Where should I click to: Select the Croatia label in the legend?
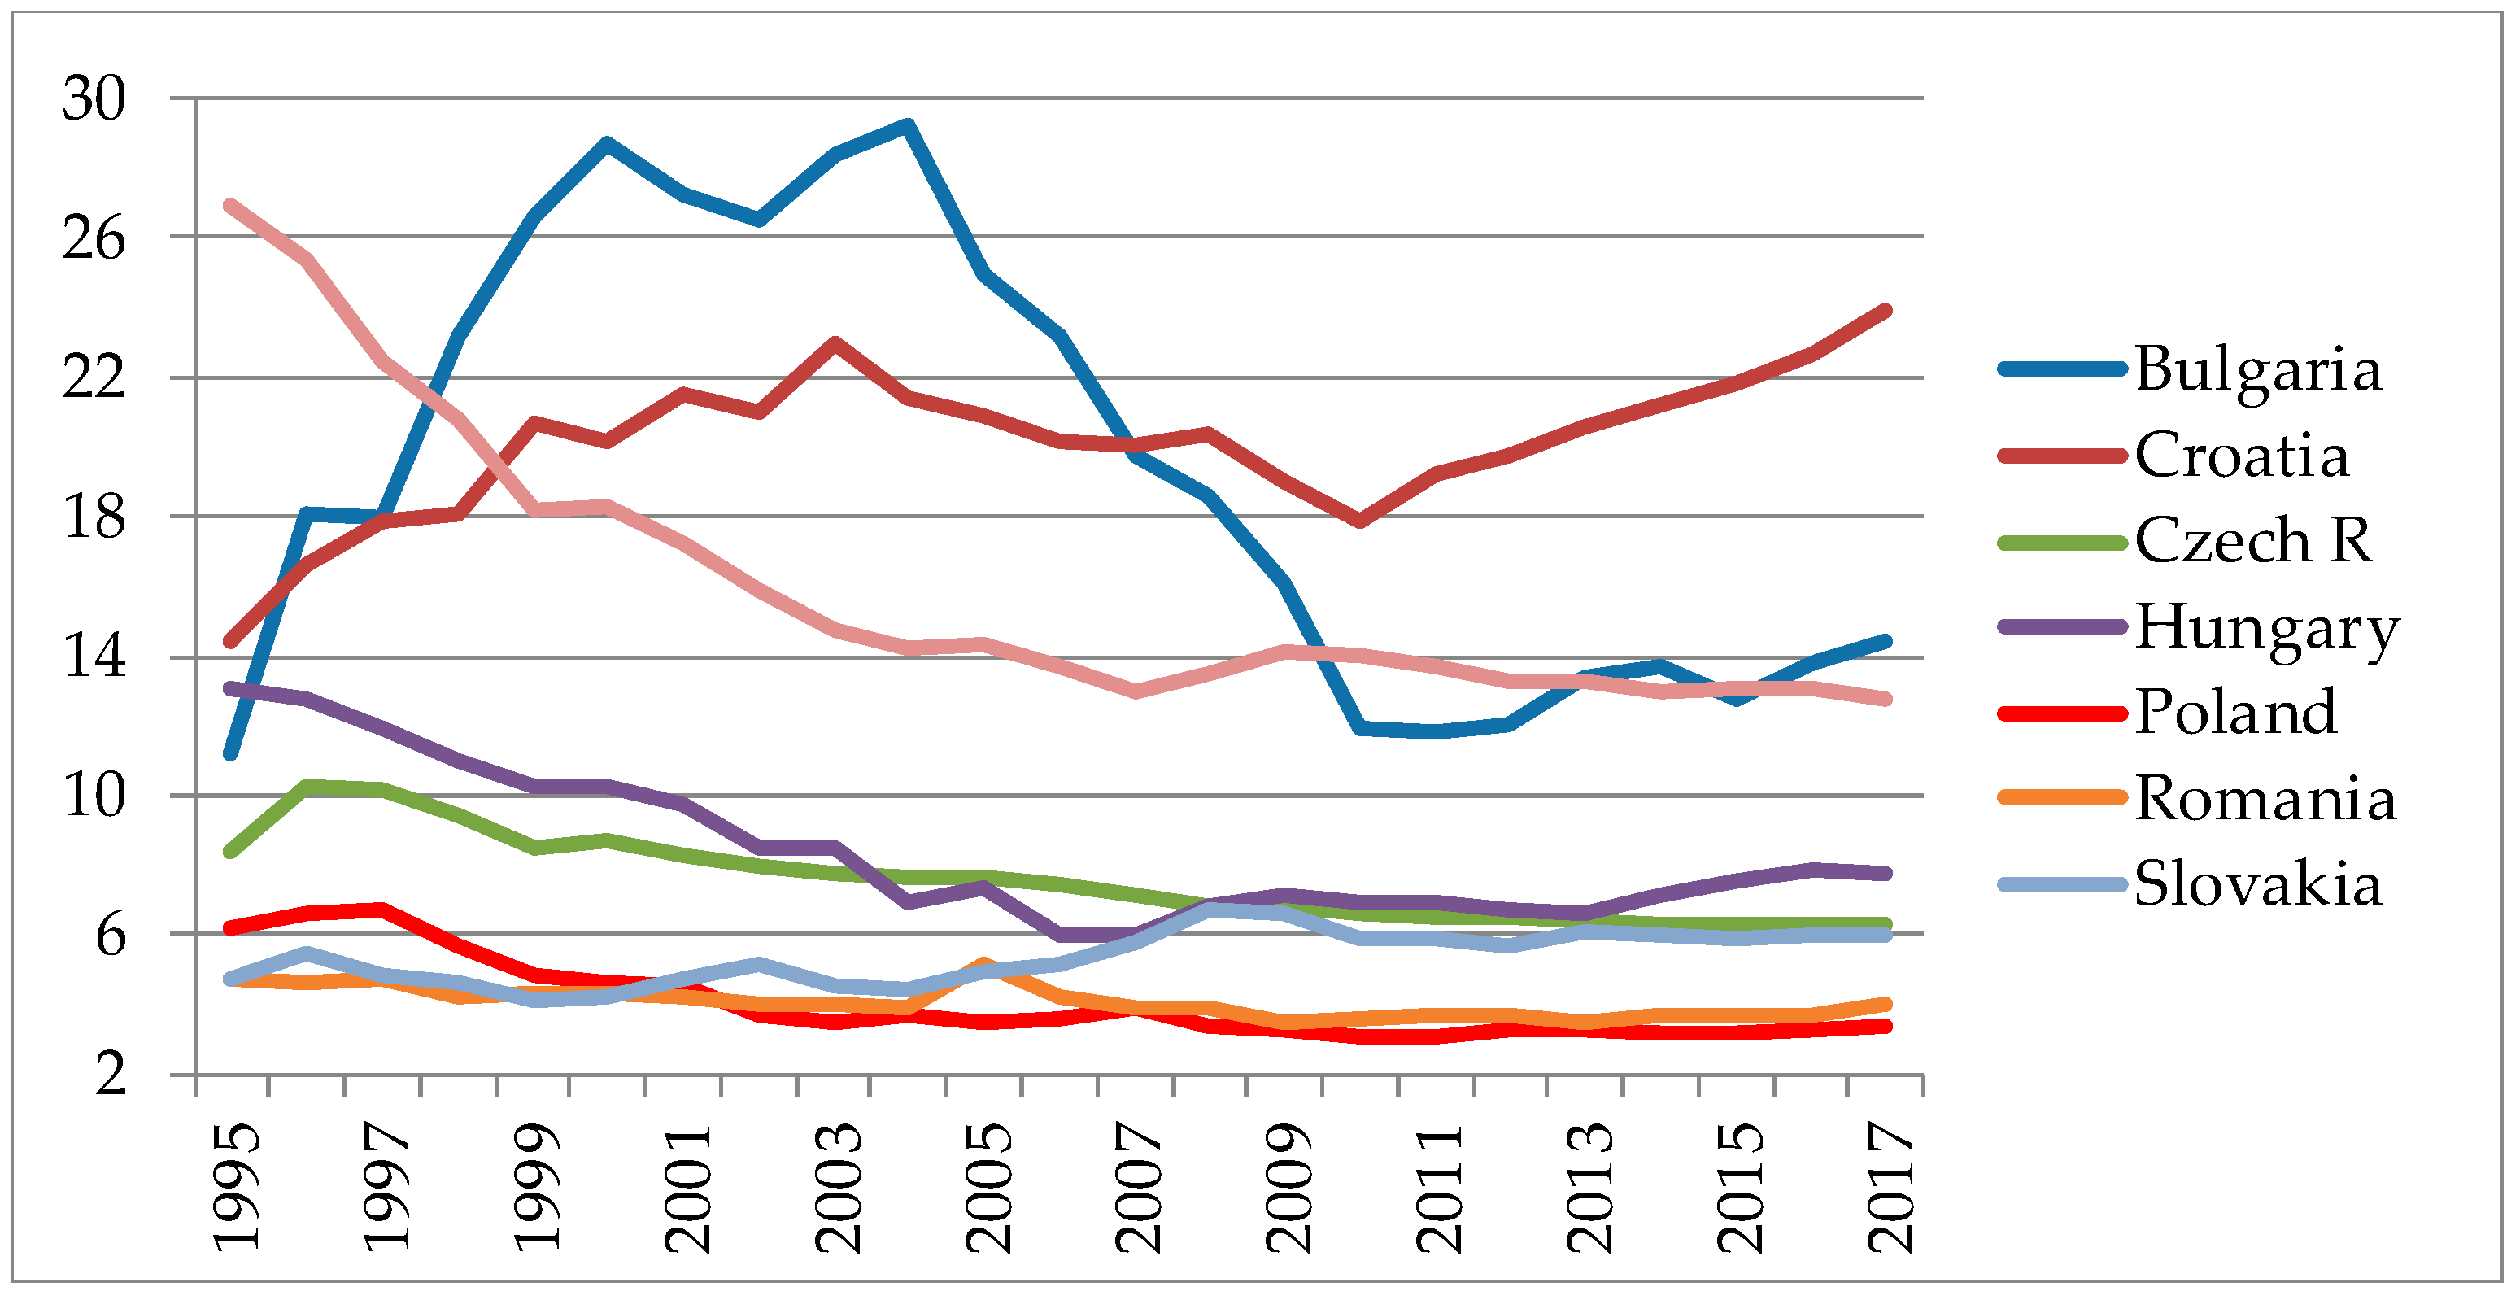2240,455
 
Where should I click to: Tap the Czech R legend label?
2252,540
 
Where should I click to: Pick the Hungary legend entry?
2265,627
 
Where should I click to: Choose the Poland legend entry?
2235,711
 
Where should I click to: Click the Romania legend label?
2265,798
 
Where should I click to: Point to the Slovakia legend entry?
2256,884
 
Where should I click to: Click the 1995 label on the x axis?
237,1189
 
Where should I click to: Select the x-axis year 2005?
988,1189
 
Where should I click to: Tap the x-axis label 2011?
1439,1189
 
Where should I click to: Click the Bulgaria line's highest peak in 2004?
908,125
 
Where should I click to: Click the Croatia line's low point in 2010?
1360,521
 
